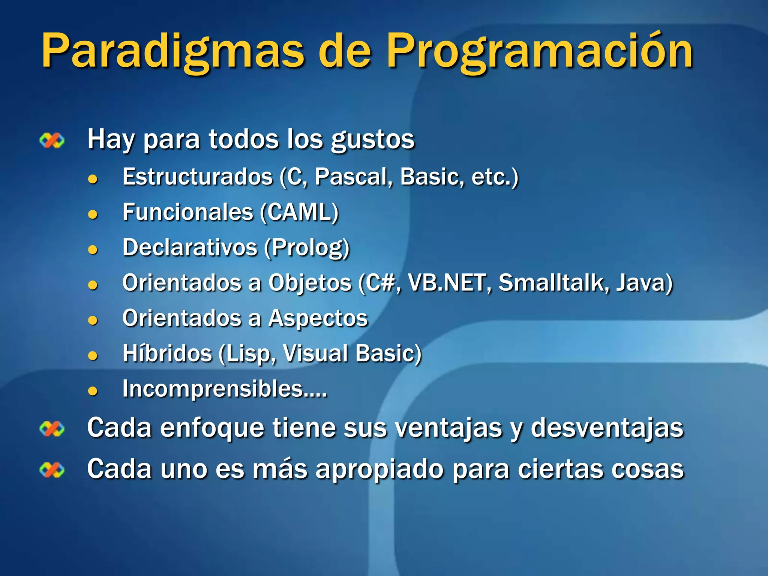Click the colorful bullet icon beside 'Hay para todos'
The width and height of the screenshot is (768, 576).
[52, 141]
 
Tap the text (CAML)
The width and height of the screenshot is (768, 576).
[299, 212]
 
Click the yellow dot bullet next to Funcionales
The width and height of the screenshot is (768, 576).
[93, 214]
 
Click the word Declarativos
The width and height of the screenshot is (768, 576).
[190, 247]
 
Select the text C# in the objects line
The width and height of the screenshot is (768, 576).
[379, 282]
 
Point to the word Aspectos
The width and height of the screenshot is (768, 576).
[318, 318]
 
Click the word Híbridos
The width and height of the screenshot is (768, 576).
[167, 353]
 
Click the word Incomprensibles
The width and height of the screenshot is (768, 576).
[212, 388]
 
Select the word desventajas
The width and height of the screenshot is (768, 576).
[607, 427]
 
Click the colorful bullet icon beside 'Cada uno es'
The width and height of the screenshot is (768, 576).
[52, 470]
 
